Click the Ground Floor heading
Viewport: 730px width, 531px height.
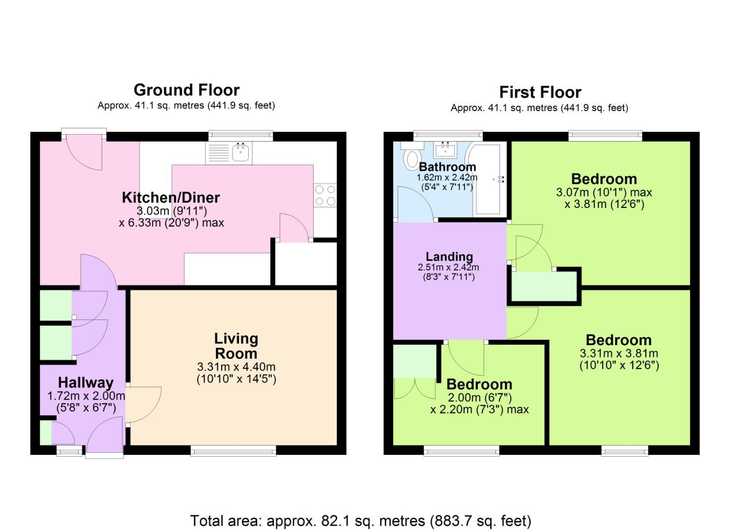(186, 90)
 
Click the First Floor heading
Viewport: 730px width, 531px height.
(540, 92)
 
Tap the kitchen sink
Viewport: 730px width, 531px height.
(241, 152)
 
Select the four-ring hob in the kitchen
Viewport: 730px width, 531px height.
(325, 195)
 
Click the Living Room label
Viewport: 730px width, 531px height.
(236, 346)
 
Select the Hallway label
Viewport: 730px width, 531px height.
(86, 383)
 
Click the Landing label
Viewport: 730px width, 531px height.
(449, 257)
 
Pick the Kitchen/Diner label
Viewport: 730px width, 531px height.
(171, 198)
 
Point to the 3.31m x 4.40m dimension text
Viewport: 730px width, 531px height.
(236, 367)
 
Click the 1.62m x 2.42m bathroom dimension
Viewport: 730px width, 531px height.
(447, 177)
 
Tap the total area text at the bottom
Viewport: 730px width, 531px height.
(360, 520)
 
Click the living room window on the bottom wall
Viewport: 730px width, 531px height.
(233, 450)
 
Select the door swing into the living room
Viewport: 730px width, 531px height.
(144, 405)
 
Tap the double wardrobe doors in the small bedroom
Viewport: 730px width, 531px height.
(414, 388)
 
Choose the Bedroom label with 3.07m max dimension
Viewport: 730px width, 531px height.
(604, 179)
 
